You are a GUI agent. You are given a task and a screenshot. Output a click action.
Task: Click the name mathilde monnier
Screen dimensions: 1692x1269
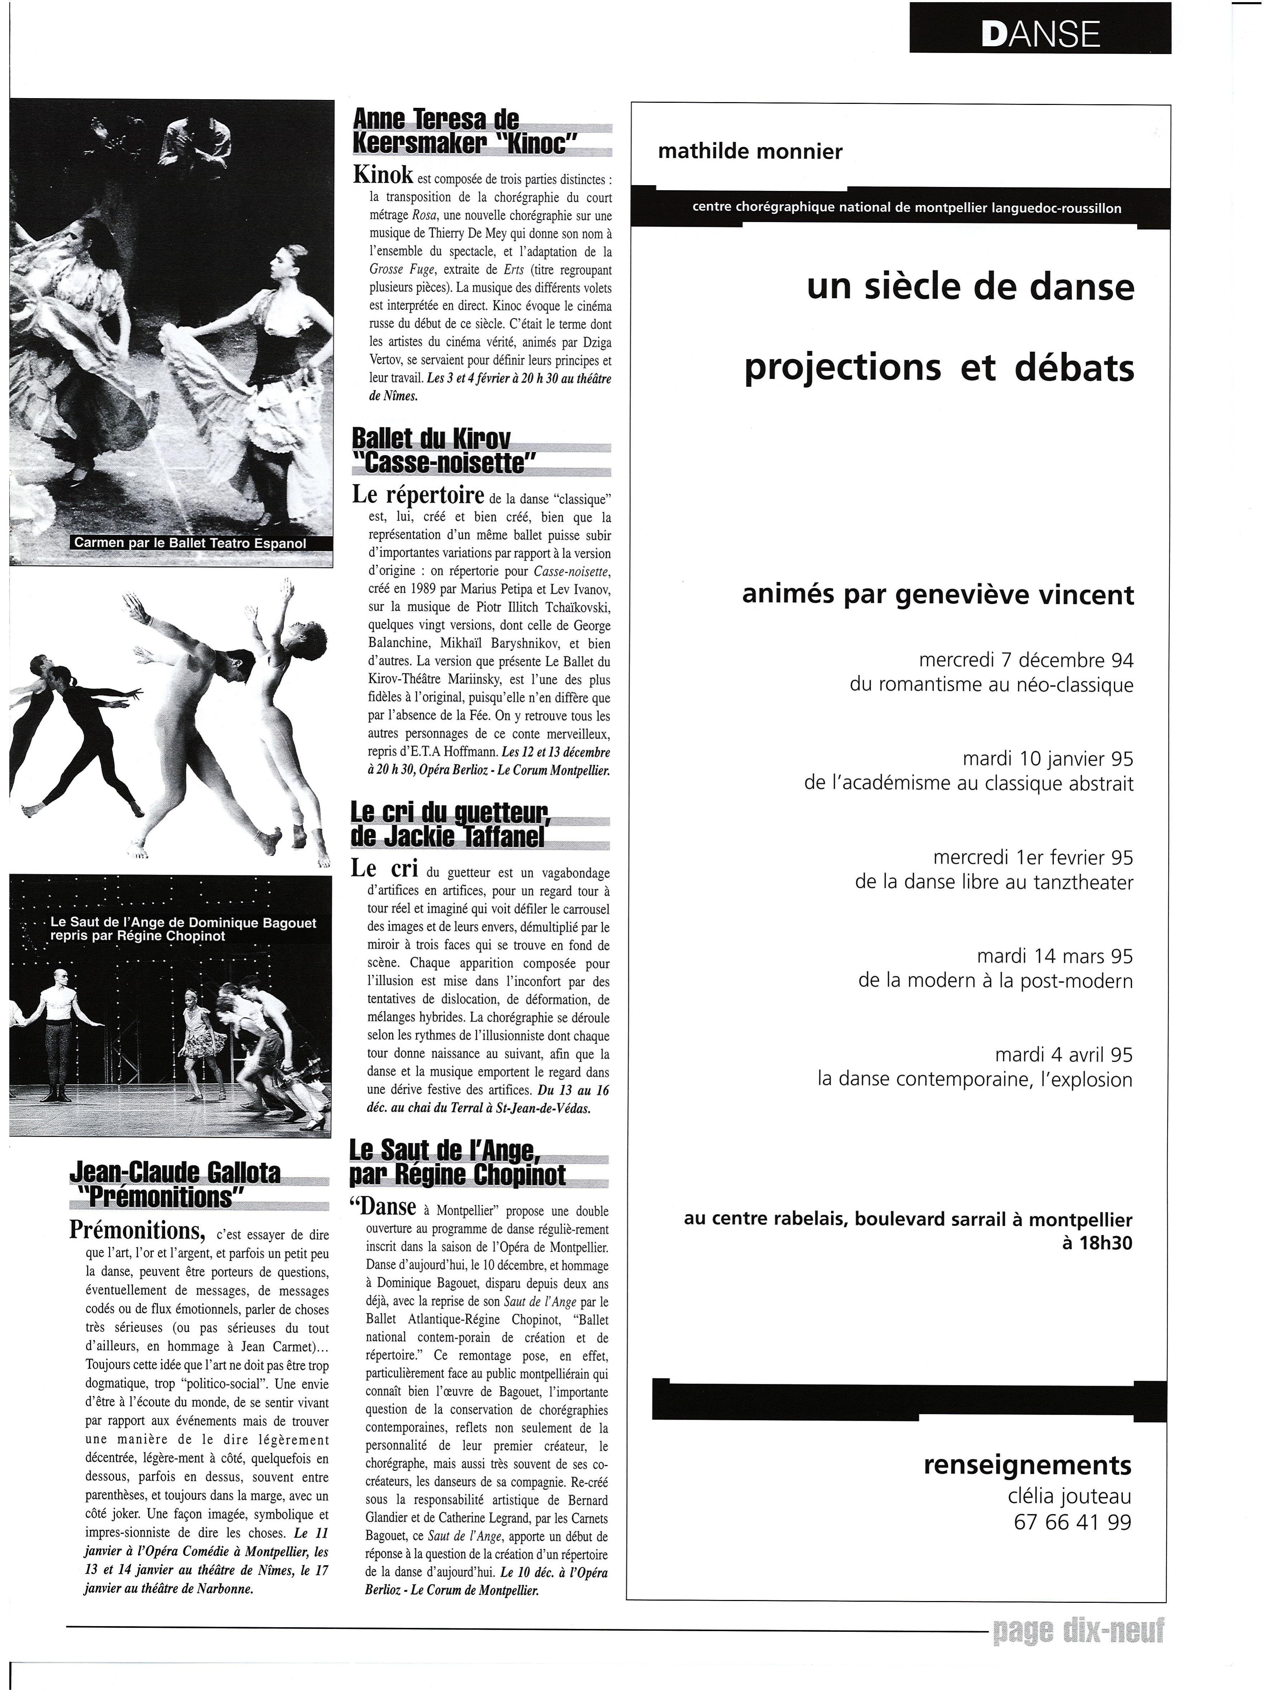(x=750, y=152)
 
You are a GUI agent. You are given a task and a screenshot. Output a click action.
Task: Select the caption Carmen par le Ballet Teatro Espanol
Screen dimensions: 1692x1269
(x=189, y=543)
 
